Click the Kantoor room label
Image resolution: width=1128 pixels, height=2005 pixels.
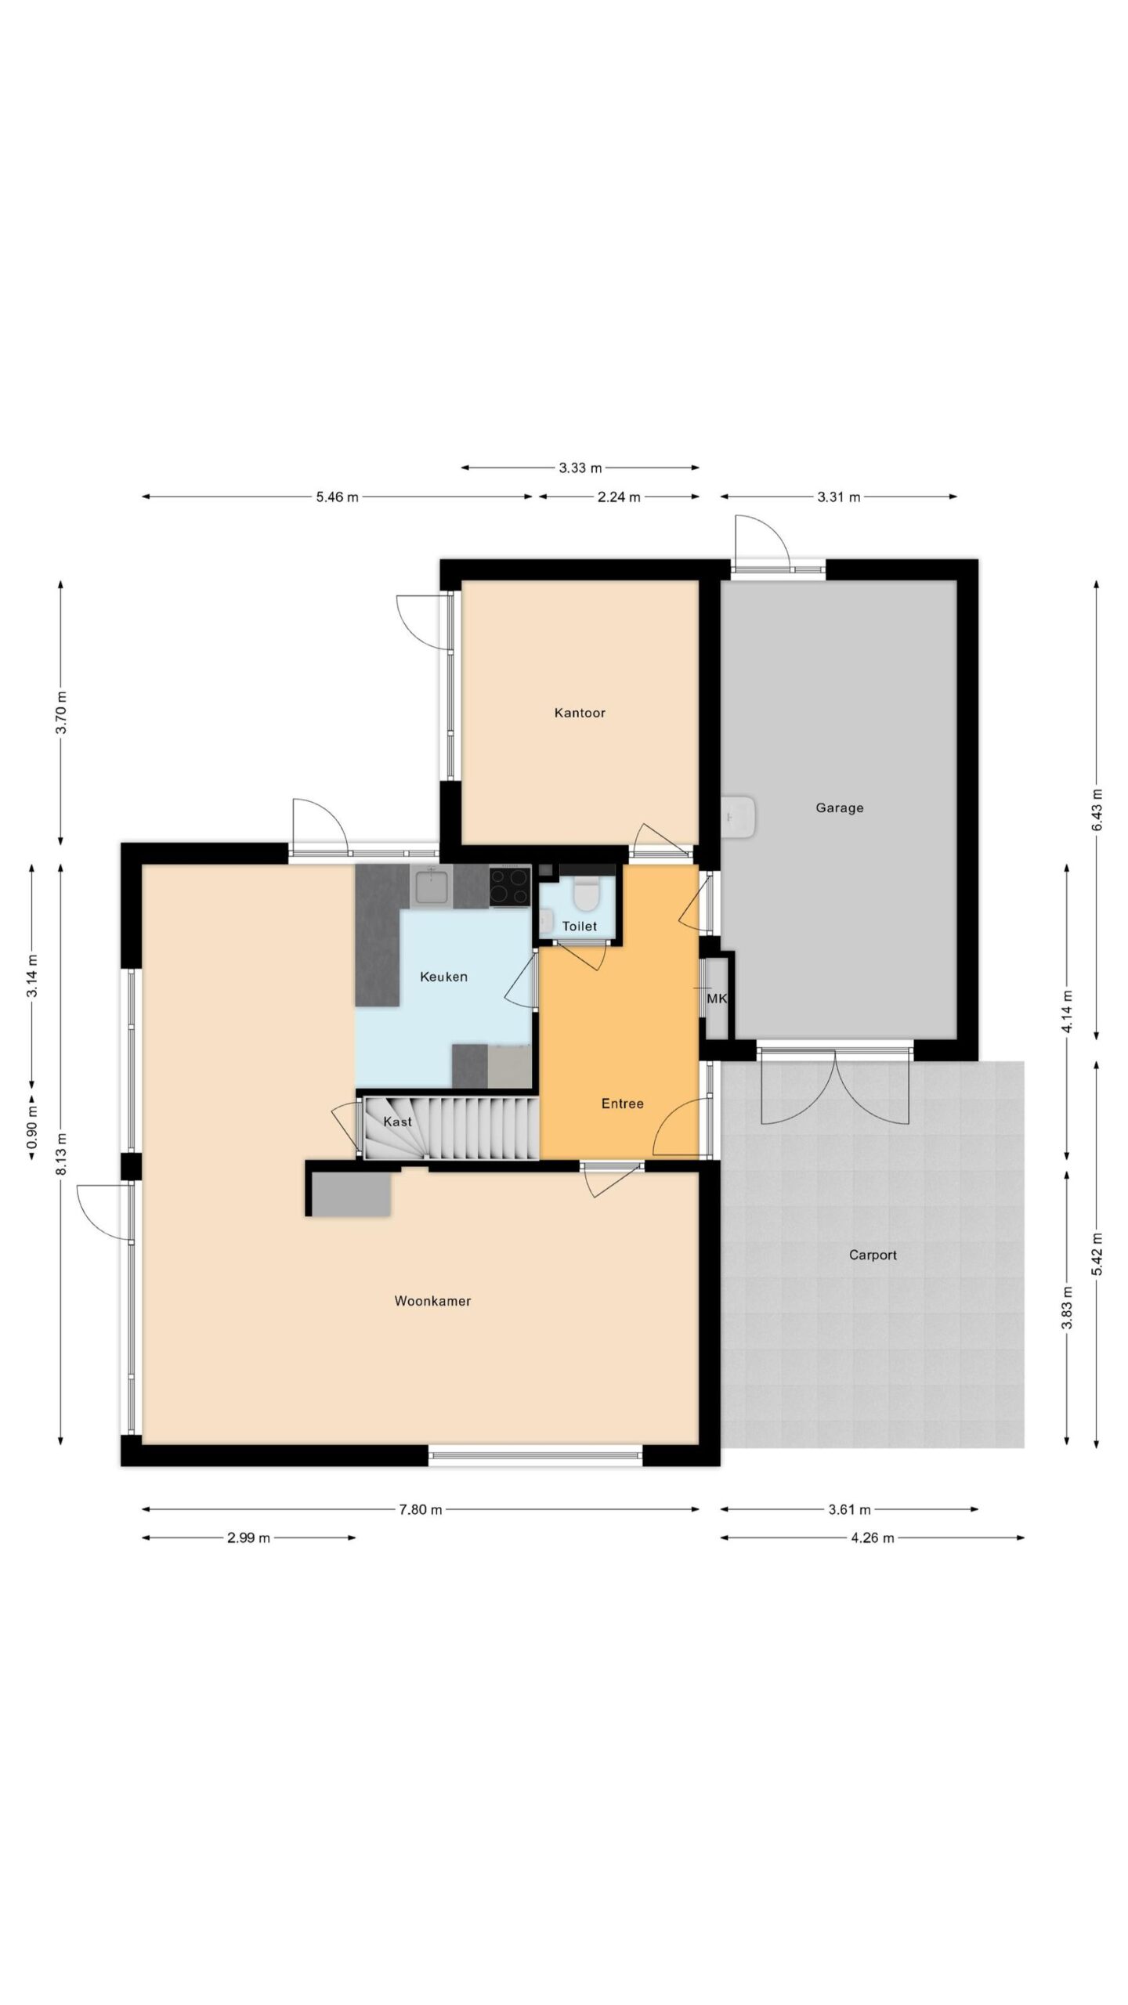(580, 713)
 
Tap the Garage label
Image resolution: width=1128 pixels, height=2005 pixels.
(840, 807)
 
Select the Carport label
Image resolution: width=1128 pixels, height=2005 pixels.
(873, 1255)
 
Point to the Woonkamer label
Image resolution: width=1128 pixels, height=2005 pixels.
(432, 1301)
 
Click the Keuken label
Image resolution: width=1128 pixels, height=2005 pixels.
(443, 977)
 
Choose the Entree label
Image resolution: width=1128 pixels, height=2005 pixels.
(622, 1104)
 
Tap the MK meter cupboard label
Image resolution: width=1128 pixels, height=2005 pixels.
(717, 999)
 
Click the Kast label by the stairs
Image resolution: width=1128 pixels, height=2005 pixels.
(397, 1122)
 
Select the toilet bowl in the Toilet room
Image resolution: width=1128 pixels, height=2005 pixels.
(585, 893)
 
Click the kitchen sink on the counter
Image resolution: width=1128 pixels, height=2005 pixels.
(431, 886)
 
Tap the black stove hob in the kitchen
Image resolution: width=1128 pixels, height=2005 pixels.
(510, 886)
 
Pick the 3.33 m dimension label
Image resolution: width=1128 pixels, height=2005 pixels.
(580, 468)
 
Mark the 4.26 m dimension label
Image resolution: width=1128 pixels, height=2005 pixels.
(873, 1537)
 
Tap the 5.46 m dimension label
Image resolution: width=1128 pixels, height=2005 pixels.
(338, 497)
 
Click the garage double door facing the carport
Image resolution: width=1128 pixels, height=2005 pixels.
(835, 1085)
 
